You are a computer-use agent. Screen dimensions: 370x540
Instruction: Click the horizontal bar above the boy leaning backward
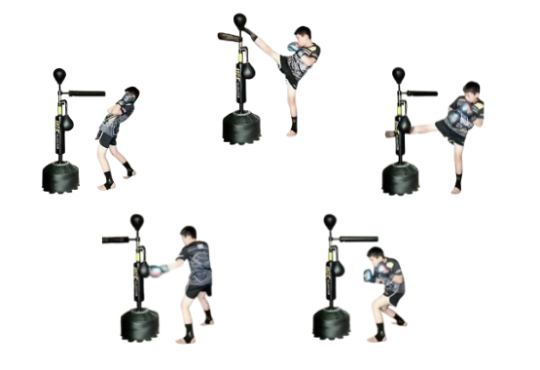click(x=86, y=93)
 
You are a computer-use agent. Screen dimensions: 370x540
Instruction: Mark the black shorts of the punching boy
click(x=198, y=290)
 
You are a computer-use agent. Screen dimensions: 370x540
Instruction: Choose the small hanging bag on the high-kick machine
click(x=249, y=69)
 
